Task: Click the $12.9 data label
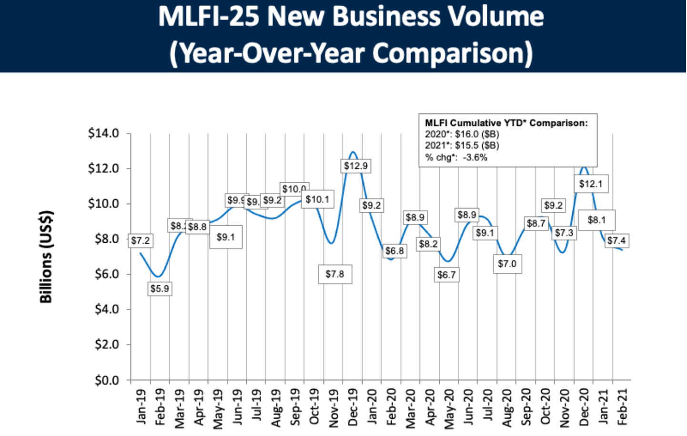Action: [x=355, y=166]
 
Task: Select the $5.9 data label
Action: [x=160, y=289]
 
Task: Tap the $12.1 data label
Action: [x=591, y=184]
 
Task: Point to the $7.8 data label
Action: [x=335, y=274]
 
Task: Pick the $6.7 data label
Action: [x=447, y=275]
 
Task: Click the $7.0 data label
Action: [x=507, y=264]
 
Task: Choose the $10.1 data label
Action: [x=317, y=199]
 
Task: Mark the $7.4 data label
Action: [x=616, y=240]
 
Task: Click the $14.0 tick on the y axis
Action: [x=103, y=133]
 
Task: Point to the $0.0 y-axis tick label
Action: [x=106, y=380]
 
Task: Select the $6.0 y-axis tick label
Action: [x=106, y=274]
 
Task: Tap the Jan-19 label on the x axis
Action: [x=141, y=406]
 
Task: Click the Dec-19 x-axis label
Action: [x=353, y=407]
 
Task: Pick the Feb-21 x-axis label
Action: [x=623, y=406]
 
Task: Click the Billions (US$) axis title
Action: [x=46, y=257]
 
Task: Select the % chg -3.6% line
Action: [x=456, y=157]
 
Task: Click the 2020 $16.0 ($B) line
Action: [x=462, y=135]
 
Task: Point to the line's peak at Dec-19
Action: [x=353, y=152]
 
